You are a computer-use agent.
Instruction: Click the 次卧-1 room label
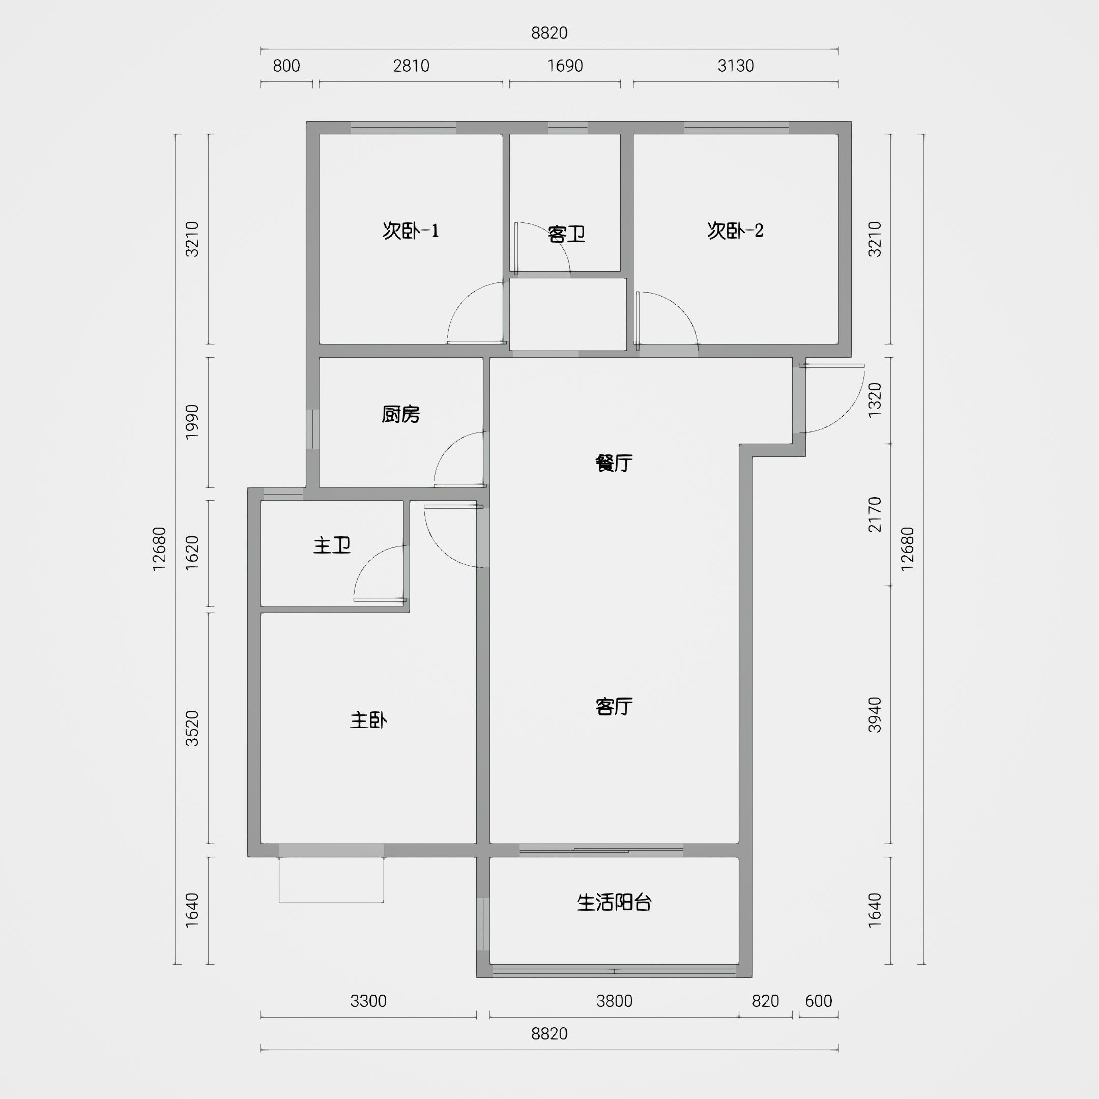coord(411,231)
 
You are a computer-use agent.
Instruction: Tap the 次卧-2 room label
coord(736,230)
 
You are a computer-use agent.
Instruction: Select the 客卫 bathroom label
coord(567,234)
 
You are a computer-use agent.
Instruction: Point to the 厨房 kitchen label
coord(401,414)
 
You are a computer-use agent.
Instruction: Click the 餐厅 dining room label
coord(614,463)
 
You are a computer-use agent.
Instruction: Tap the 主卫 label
coord(332,545)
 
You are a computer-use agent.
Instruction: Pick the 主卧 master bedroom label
coord(368,720)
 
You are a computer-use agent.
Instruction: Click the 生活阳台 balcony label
coord(614,902)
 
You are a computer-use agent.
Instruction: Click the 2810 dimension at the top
coord(411,66)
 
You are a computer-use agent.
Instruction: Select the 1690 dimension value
coord(565,66)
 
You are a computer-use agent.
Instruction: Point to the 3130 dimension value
coord(736,66)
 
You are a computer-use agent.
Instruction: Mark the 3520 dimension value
coord(192,728)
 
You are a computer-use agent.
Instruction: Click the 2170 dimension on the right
coord(875,514)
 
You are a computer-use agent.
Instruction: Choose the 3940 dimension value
coord(875,714)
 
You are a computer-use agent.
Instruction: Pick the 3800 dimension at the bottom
coord(614,1001)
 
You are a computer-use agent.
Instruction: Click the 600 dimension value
coord(819,1001)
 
